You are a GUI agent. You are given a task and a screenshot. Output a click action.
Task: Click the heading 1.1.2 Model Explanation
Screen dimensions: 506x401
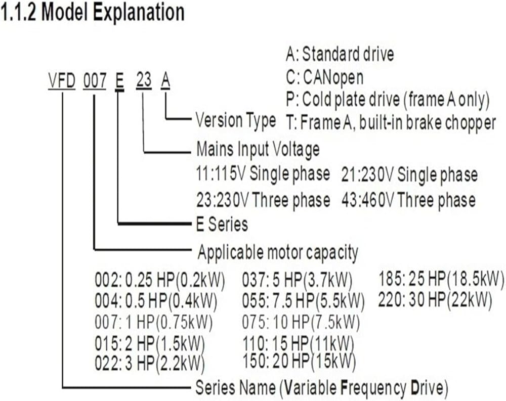coord(93,13)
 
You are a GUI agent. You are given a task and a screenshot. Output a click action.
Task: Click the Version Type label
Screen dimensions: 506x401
coord(236,120)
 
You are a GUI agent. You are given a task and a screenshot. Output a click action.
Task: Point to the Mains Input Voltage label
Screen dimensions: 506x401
coord(258,150)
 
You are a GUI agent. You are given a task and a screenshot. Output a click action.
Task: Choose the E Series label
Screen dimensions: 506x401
coord(222,224)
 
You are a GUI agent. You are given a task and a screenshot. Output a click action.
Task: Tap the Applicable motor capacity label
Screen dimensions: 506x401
coord(278,251)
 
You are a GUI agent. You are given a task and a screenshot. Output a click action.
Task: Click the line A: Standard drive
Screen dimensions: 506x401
coord(340,54)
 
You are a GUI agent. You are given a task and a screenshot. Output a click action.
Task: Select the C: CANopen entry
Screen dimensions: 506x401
coord(324,77)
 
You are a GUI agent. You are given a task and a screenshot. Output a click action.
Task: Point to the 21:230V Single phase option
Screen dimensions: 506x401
coord(411,175)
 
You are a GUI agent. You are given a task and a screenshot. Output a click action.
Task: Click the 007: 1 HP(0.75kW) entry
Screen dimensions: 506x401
coord(154,322)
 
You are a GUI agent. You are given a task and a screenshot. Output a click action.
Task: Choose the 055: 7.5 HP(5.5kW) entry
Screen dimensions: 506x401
coord(303,301)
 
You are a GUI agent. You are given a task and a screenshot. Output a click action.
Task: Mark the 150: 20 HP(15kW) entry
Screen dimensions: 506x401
coord(299,361)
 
